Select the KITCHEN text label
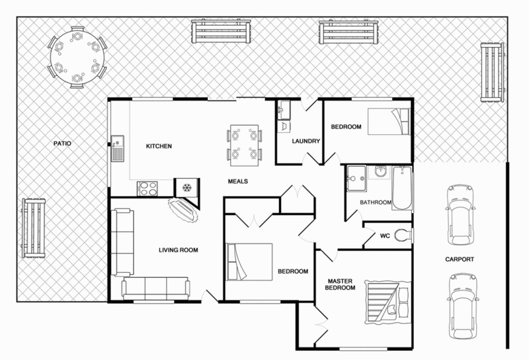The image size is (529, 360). (159, 146)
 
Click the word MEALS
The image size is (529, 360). (238, 181)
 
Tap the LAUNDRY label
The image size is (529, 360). (306, 142)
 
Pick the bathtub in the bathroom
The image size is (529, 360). (401, 189)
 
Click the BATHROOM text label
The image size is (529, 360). (376, 202)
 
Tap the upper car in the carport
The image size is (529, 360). (461, 206)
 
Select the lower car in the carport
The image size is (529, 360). (461, 298)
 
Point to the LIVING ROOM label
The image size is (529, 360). (179, 250)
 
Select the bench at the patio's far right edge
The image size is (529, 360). (491, 72)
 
